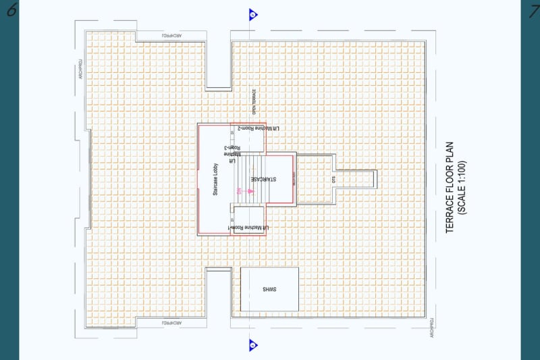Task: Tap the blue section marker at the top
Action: pyautogui.click(x=252, y=14)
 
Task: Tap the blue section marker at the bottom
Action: pyautogui.click(x=252, y=344)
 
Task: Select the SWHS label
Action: pyautogui.click(x=270, y=289)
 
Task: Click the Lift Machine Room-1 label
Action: pyautogui.click(x=248, y=229)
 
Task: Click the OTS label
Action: pyautogui.click(x=333, y=180)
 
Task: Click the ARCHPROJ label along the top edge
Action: pyautogui.click(x=172, y=35)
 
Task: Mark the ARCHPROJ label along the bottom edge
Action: pyautogui.click(x=172, y=324)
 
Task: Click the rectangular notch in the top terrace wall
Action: pyautogui.click(x=218, y=66)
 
